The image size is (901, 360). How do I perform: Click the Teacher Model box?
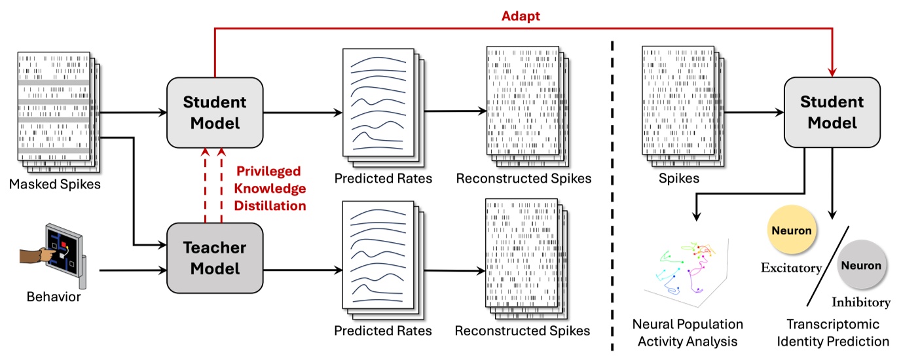tap(215, 258)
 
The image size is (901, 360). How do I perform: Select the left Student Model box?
tap(215, 112)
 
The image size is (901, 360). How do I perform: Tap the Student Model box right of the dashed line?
tap(832, 112)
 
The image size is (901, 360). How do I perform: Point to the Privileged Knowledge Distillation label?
tap(270, 189)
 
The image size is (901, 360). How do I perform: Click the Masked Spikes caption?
tap(55, 184)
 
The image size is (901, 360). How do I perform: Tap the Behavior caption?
tap(54, 297)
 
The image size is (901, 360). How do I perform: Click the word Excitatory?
tap(791, 268)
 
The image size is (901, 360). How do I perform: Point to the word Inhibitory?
tap(861, 302)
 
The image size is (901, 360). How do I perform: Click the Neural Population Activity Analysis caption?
tap(688, 333)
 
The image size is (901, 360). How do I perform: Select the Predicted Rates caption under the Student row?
tap(383, 178)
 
